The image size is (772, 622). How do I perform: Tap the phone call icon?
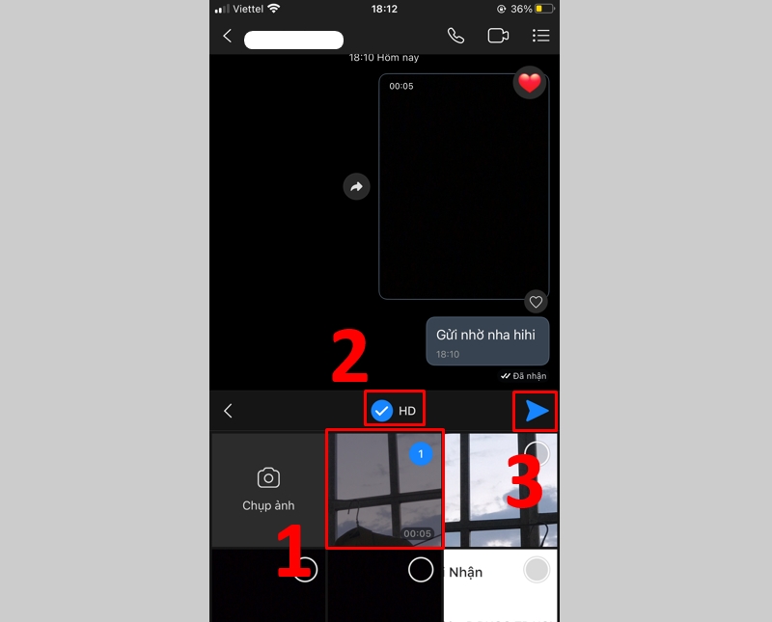pos(455,36)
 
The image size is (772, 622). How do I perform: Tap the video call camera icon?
pos(498,36)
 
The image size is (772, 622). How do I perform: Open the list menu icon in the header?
pos(540,36)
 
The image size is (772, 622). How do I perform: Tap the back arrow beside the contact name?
pos(228,36)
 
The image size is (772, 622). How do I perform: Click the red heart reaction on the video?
pos(530,83)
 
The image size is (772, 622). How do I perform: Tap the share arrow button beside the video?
pos(356,187)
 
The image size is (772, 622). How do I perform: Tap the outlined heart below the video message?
pos(536,302)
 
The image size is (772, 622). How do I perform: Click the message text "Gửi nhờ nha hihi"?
pos(484,334)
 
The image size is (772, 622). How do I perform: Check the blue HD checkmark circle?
pos(382,411)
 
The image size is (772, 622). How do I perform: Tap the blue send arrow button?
pos(537,411)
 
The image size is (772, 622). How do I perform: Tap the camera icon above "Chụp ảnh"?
pos(268,477)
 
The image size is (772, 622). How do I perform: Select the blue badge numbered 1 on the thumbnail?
pos(421,453)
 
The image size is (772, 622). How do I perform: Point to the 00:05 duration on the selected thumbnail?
pos(417,533)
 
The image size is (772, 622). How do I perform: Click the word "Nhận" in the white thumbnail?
pos(465,572)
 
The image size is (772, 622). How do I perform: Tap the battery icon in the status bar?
pos(545,9)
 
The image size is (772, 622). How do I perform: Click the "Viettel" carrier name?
pos(248,9)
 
